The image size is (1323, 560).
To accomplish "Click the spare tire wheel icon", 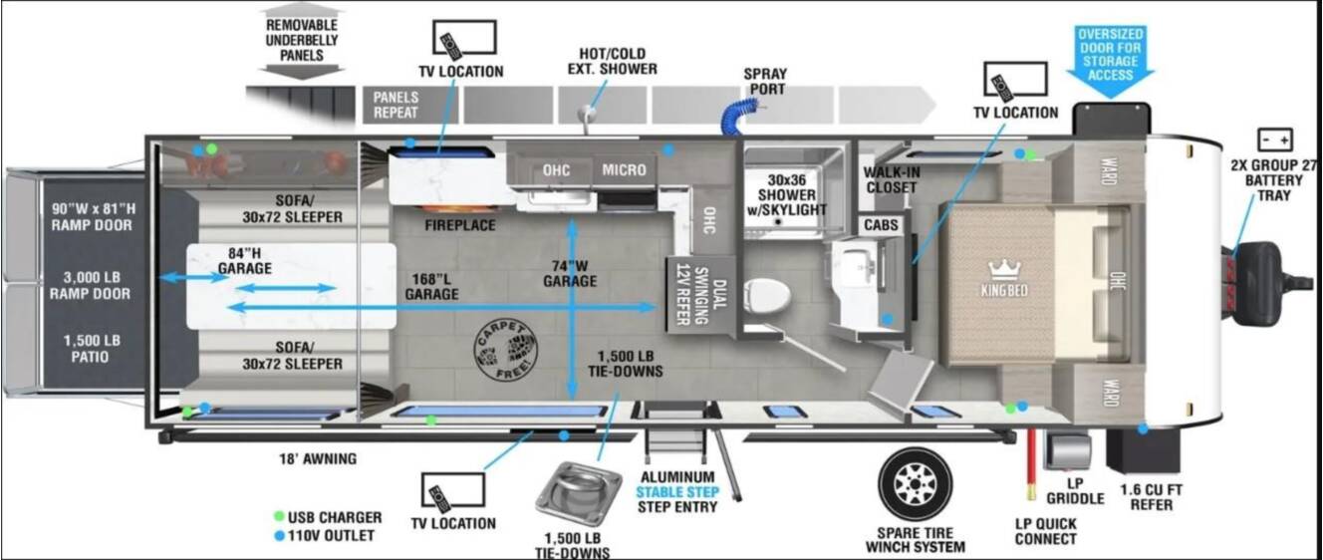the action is point(915,485).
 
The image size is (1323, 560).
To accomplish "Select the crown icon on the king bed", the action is point(1004,269).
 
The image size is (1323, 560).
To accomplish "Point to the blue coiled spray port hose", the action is point(738,117).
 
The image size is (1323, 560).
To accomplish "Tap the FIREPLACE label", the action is point(460,225).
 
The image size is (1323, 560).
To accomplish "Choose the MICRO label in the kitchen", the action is point(624,170).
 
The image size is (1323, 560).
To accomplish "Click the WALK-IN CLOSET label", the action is point(892,179).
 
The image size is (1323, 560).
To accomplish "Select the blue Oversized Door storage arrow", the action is point(1110,62).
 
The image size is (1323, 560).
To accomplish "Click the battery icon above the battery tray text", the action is point(1274,140).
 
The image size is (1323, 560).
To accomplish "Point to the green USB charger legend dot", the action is point(279,517).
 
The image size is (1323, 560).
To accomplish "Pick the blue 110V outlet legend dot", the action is point(279,536).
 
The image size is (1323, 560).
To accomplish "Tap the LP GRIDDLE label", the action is point(1075,491).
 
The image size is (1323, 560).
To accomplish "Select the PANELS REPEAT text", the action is point(396,105).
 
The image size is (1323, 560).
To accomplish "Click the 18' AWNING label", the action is point(318,458).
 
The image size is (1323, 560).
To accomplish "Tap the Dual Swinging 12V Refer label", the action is point(700,294).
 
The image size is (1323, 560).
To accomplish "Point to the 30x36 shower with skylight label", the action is point(787,194).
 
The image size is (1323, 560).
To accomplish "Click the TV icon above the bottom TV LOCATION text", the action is point(453,491).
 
